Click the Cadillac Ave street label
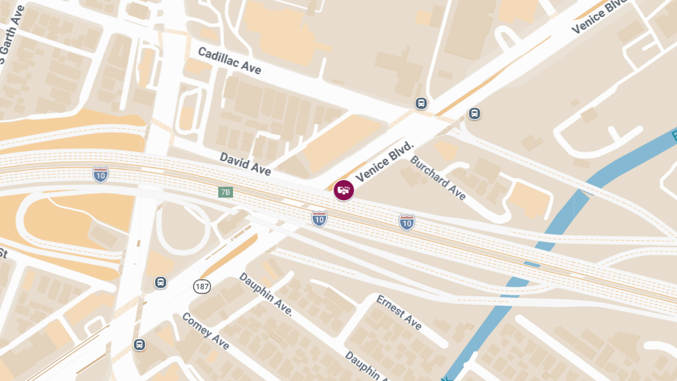(x=229, y=60)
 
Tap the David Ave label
(x=245, y=163)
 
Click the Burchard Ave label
(x=438, y=177)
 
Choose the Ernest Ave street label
(x=399, y=312)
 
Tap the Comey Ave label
(x=205, y=331)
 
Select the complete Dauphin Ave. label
(x=265, y=294)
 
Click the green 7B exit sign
(x=225, y=192)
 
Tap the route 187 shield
(x=202, y=286)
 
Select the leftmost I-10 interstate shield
(x=101, y=174)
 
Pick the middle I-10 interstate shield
(x=319, y=218)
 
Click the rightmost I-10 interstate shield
(x=407, y=222)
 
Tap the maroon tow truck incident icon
(x=343, y=190)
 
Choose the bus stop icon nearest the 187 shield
(x=161, y=282)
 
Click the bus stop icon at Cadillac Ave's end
(x=421, y=103)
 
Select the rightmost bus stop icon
(x=474, y=113)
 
